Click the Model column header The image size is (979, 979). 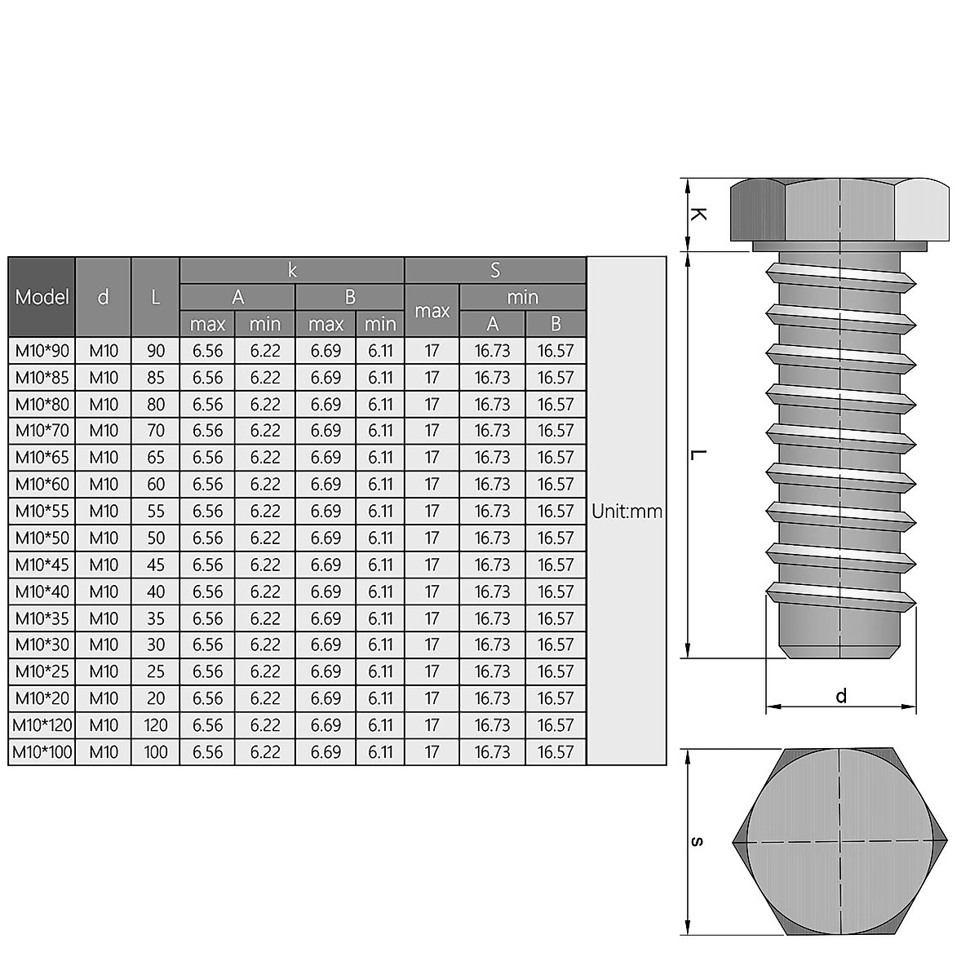pos(42,297)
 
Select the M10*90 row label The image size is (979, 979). pos(42,351)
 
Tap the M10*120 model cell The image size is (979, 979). pos(42,725)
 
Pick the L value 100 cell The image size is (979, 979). pos(155,752)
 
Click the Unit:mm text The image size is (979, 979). pos(627,512)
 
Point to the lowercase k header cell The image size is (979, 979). pos(292,270)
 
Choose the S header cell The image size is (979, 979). pos(495,270)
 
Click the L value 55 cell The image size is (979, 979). pos(155,512)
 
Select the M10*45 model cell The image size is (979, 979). pos(42,565)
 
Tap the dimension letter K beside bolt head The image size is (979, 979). pos(698,215)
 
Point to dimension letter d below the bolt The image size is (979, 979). pos(841,696)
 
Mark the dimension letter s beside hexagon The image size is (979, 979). pos(696,841)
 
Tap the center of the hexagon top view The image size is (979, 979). pos(840,841)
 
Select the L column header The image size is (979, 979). pos(155,297)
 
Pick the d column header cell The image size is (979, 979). pos(103,297)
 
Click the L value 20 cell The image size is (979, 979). pos(155,698)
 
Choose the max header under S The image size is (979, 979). pos(432,311)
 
